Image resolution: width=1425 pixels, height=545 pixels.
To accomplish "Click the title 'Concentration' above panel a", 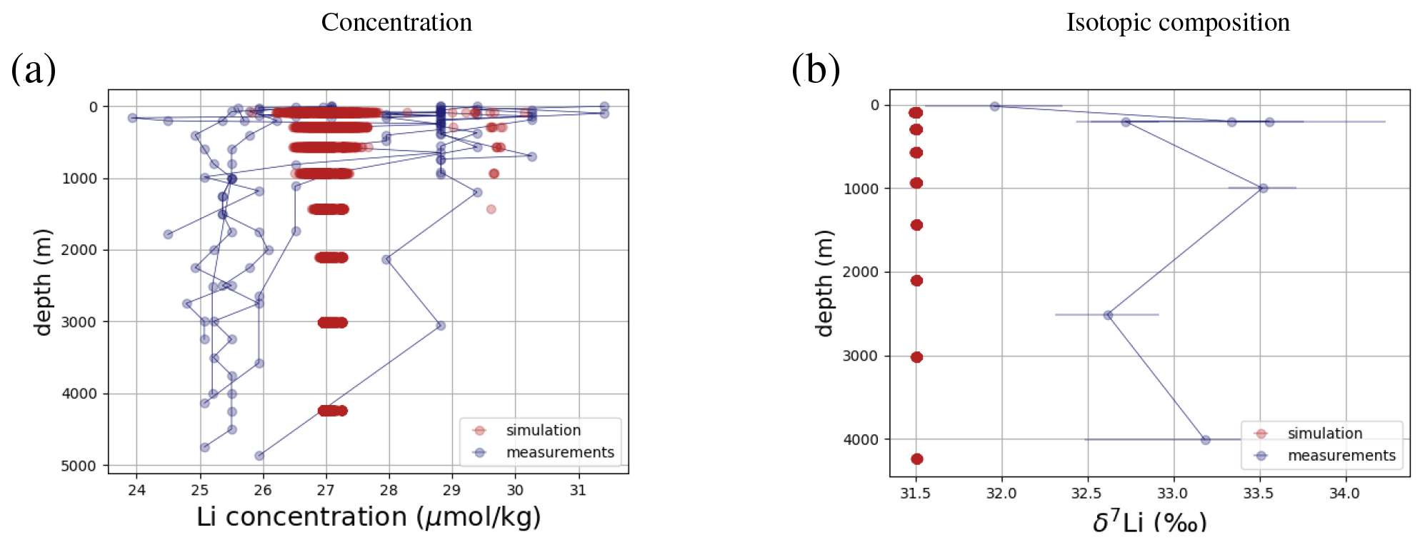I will tap(396, 22).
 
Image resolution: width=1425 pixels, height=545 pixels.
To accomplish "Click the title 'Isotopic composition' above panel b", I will tap(1178, 22).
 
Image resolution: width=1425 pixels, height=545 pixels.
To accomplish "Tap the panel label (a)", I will tap(34, 69).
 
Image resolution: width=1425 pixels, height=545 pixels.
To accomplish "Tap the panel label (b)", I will tap(816, 69).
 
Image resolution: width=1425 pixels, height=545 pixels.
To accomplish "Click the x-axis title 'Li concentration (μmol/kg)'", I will tap(369, 517).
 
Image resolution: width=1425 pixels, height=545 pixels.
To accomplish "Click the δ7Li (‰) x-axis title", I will tap(1149, 523).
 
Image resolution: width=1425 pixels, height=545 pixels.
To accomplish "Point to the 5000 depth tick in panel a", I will tap(79, 466).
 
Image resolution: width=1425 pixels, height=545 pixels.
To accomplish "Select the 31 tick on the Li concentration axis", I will tap(578, 490).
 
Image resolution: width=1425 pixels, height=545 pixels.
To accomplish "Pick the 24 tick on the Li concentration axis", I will tap(136, 490).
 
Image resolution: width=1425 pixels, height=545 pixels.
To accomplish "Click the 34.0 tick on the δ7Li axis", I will tap(1344, 494).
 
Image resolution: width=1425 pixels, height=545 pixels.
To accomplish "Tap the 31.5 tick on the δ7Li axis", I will tap(916, 494).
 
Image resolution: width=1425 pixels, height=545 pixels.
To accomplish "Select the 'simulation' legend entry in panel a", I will tap(543, 430).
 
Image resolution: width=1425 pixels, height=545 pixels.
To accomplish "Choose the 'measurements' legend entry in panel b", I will tap(1341, 456).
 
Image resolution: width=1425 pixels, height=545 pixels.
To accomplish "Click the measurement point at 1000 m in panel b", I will tap(1263, 189).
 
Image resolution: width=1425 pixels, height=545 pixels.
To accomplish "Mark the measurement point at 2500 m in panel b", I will tap(1108, 315).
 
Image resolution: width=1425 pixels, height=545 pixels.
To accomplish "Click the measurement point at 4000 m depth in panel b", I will tap(1206, 440).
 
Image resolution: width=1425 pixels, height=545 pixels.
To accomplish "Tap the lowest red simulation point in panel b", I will tap(917, 459).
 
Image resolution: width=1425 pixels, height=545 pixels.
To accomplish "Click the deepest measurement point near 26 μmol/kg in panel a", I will tap(259, 456).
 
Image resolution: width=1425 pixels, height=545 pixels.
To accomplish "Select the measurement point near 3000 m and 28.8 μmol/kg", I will tap(441, 326).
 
